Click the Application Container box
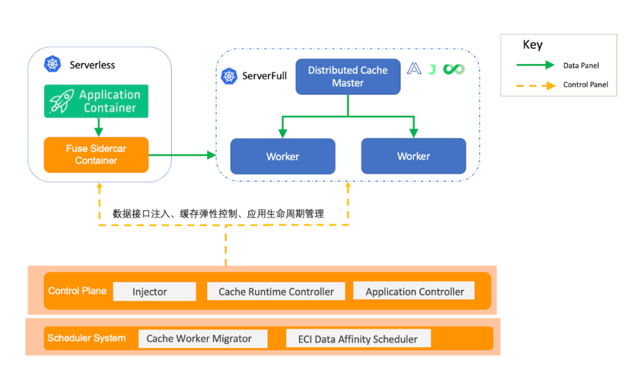96,101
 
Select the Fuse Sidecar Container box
96,155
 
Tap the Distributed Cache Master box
347,77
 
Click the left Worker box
283,156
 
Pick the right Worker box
413,156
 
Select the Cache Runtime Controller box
276,291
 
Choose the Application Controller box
414,291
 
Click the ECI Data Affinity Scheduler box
358,339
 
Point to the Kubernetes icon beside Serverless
52,64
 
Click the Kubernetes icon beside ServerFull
229,76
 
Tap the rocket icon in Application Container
61,101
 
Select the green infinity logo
454,70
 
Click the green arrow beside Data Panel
535,65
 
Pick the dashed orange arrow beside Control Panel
535,85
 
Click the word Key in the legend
533,45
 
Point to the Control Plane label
77,291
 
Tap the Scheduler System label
86,338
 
